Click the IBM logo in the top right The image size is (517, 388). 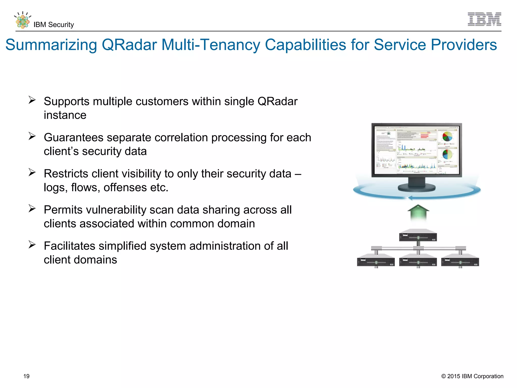tap(484, 19)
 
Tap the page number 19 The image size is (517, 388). tap(26, 376)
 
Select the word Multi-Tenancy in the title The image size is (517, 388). tap(211, 45)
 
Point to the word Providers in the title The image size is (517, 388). tap(464, 45)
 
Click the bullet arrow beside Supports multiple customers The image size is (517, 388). tap(32, 100)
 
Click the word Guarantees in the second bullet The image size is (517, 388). tap(73, 138)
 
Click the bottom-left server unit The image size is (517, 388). tap(376, 260)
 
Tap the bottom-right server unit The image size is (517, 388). tap(460, 260)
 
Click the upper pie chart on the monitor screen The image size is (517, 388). tap(447, 137)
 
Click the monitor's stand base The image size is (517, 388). tap(417, 187)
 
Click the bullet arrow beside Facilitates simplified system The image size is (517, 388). tap(32, 245)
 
